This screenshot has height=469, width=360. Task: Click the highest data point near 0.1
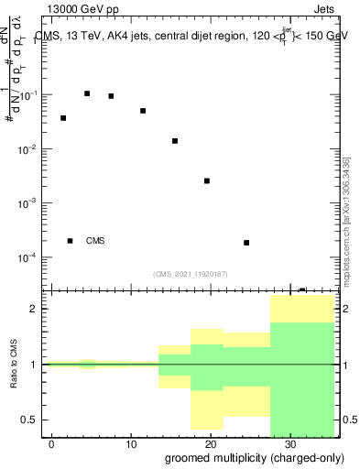click(x=87, y=93)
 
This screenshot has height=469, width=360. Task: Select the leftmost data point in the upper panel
click(x=63, y=118)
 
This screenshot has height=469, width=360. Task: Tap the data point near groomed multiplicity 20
click(x=207, y=181)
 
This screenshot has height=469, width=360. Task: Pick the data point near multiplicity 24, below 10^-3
click(x=246, y=243)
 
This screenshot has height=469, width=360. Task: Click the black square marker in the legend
click(x=71, y=241)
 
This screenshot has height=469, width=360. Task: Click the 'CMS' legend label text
click(x=95, y=241)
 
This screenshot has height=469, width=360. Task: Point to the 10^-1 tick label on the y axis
click(x=29, y=95)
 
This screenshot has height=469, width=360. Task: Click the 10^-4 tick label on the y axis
click(x=29, y=257)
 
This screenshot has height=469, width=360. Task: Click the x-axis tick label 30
click(x=289, y=444)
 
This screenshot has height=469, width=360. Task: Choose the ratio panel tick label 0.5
click(x=31, y=420)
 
